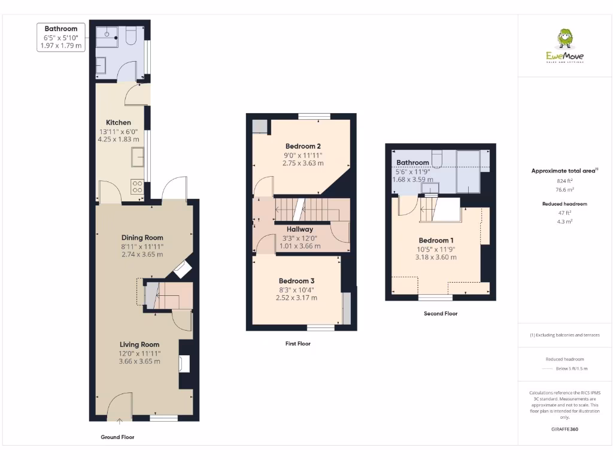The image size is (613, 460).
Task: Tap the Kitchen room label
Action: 119,123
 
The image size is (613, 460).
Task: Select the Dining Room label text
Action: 142,238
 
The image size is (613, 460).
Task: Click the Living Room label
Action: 139,344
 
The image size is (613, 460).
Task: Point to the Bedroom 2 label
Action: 303,146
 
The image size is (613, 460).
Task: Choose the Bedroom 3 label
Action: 296,281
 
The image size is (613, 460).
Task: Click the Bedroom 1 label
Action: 435,240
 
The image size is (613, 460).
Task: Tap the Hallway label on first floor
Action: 299,229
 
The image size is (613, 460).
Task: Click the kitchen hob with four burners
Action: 137,187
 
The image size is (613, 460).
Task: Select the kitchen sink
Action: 137,157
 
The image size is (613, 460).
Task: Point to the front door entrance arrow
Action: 119,422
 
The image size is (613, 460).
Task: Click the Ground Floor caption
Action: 117,437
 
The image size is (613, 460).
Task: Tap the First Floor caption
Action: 298,344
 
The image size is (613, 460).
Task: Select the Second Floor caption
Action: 441,313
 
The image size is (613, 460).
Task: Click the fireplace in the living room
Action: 185,364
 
